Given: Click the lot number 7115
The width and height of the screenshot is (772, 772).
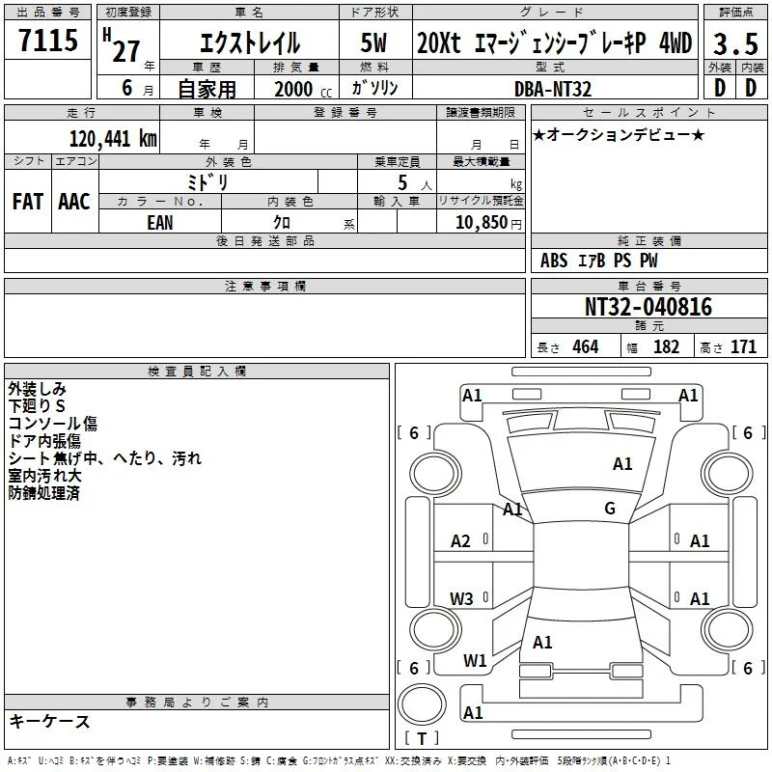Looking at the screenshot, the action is click(x=48, y=40).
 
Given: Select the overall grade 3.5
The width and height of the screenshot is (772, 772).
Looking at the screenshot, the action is click(x=735, y=44).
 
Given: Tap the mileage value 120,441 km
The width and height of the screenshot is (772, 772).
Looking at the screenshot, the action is click(x=113, y=139).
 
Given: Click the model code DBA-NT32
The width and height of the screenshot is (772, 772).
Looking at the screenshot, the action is click(x=552, y=89).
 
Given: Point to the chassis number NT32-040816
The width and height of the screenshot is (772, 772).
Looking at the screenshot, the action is click(x=648, y=307).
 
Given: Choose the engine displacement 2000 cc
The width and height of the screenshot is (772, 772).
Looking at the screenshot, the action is click(x=303, y=90).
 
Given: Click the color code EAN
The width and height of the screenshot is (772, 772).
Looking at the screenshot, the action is click(x=160, y=223).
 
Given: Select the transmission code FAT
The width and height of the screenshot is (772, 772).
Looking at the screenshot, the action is click(x=28, y=202).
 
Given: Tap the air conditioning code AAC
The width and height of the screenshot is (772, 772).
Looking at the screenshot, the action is click(x=74, y=202).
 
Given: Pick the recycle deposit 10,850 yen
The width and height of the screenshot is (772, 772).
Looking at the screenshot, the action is click(x=488, y=223).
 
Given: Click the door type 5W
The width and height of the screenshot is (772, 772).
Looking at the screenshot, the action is click(x=373, y=42).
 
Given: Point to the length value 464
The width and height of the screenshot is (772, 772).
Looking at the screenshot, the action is click(x=586, y=347).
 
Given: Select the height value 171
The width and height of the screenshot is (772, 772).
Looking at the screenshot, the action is click(x=743, y=347).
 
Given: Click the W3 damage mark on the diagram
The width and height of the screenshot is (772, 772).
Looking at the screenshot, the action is click(x=461, y=598).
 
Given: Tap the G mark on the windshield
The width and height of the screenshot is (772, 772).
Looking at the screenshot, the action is click(x=610, y=509).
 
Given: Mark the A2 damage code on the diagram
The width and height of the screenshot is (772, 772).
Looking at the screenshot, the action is click(x=460, y=541).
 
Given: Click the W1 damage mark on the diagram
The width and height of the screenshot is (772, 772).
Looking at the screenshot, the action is click(x=475, y=661).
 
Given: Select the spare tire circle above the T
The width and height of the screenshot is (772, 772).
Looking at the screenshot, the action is click(x=422, y=704).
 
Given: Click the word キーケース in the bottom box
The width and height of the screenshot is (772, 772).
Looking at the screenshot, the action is click(x=49, y=722).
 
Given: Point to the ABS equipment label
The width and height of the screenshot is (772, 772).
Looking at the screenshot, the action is click(x=554, y=261).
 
